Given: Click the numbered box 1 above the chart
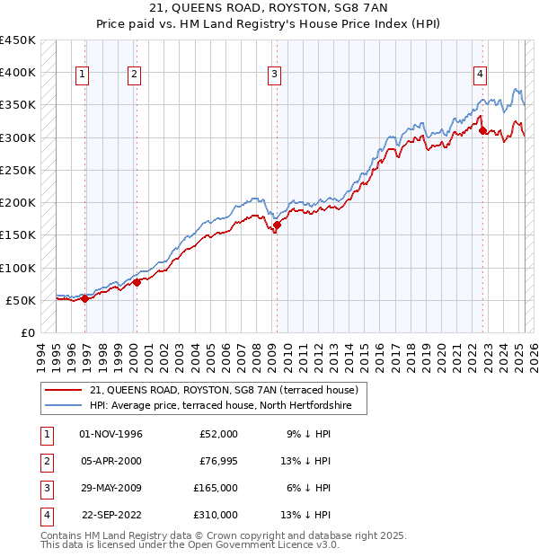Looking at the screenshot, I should (x=82, y=75).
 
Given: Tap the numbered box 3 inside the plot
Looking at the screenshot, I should (x=274, y=75).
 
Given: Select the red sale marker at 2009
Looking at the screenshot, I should (x=277, y=225).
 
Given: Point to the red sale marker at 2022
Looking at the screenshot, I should (x=483, y=131).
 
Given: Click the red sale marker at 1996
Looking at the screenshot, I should (x=84, y=299).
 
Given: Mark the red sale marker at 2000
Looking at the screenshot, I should (x=137, y=283).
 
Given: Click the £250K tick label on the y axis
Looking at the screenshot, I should (x=18, y=170).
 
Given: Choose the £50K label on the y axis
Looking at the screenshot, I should (x=22, y=300).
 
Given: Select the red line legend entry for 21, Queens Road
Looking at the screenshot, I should (x=224, y=390).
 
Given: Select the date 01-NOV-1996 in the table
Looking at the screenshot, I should (x=111, y=434).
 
